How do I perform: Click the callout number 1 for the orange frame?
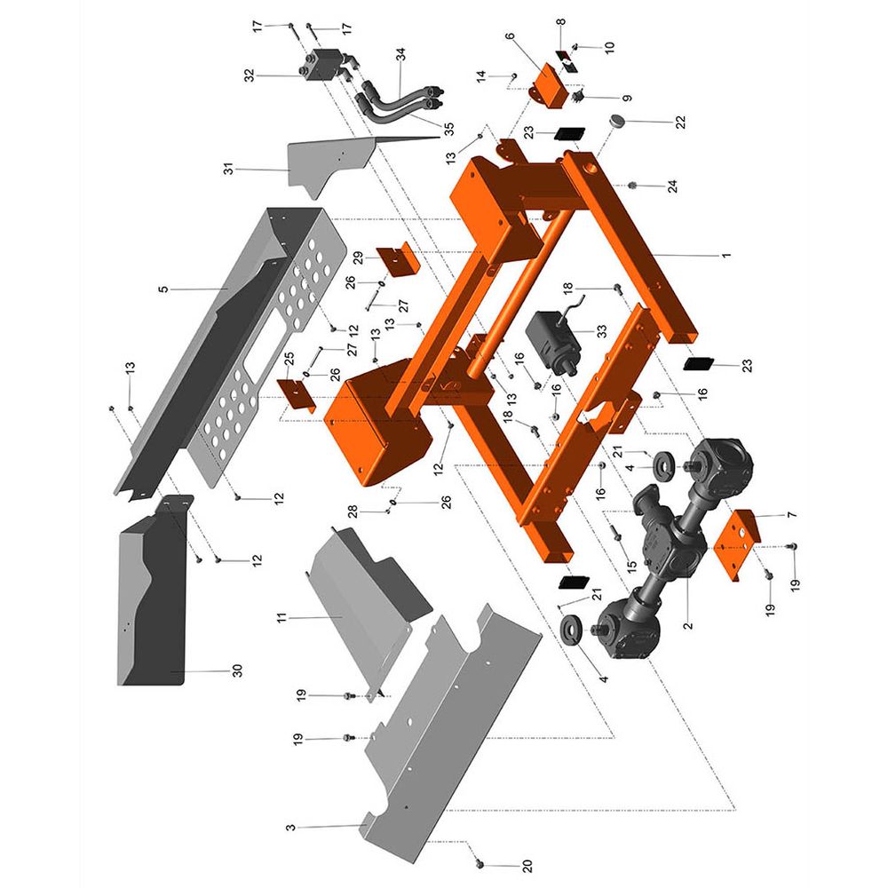[x=725, y=256]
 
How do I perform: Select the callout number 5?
[x=163, y=289]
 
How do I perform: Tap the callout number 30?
[x=237, y=670]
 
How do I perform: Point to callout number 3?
[x=290, y=828]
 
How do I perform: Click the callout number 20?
[x=527, y=865]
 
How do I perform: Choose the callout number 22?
[x=680, y=122]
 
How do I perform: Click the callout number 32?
[x=250, y=75]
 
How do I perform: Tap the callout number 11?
[x=281, y=617]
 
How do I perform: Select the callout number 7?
[x=792, y=515]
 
